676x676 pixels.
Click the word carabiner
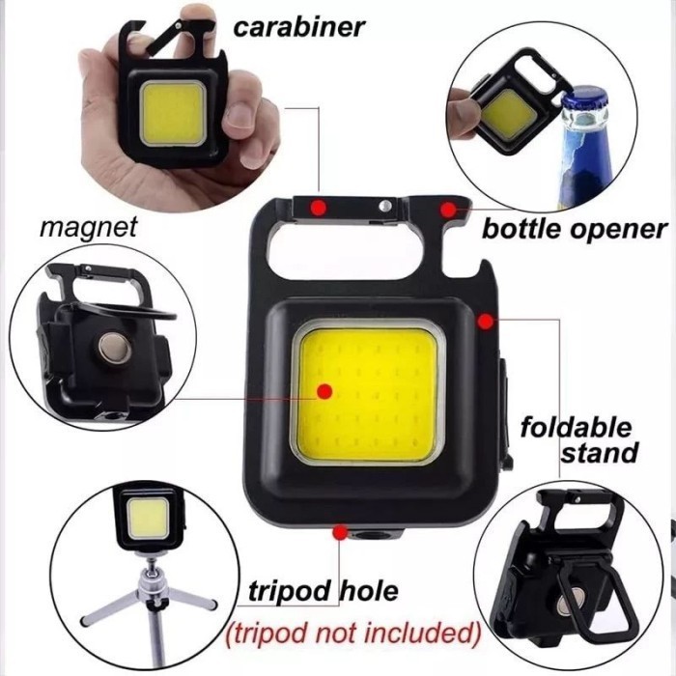click(299, 25)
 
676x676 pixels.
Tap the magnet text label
click(88, 228)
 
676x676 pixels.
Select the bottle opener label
click(574, 229)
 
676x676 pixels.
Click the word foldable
click(576, 427)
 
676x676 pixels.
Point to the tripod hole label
click(323, 590)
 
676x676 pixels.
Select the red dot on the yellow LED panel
click(324, 391)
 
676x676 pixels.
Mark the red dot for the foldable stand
click(484, 319)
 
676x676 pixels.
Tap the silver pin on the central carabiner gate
click(386, 206)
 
